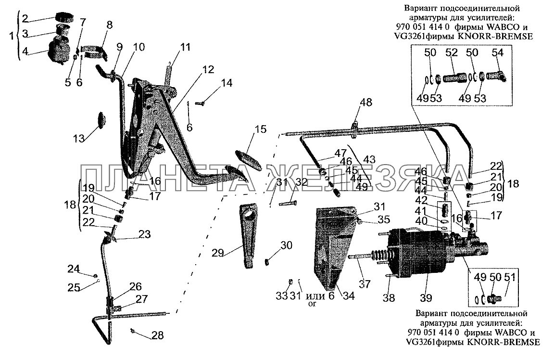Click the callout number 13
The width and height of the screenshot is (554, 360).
[x=79, y=138]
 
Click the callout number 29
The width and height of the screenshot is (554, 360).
[x=218, y=253]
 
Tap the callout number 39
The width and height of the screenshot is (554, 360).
[x=426, y=298]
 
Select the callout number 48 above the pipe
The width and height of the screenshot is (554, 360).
[x=365, y=102]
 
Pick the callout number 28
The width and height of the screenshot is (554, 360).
[x=158, y=335]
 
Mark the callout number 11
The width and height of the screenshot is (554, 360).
[x=185, y=47]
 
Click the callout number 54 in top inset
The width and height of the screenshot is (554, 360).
[x=497, y=52]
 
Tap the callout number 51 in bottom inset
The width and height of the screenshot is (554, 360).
[x=509, y=277]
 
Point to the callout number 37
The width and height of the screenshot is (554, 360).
[x=365, y=283]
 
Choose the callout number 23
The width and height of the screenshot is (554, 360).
[x=144, y=234]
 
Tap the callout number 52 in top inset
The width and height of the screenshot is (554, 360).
[x=452, y=52]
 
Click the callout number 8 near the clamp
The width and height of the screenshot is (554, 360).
[x=110, y=25]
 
